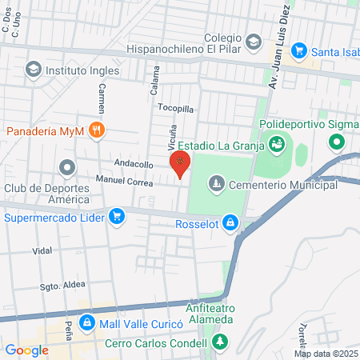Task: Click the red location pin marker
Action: click(180, 166)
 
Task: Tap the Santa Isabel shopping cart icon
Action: click(300, 50)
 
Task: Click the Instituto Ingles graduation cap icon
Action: click(33, 70)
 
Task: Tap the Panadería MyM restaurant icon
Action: click(97, 130)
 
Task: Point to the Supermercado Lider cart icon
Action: click(117, 216)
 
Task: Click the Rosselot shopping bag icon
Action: click(230, 222)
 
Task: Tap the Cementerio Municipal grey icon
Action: click(216, 185)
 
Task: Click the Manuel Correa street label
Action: click(124, 180)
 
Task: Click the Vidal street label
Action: click(42, 250)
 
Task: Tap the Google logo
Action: click(26, 350)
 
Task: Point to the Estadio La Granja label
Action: click(220, 146)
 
